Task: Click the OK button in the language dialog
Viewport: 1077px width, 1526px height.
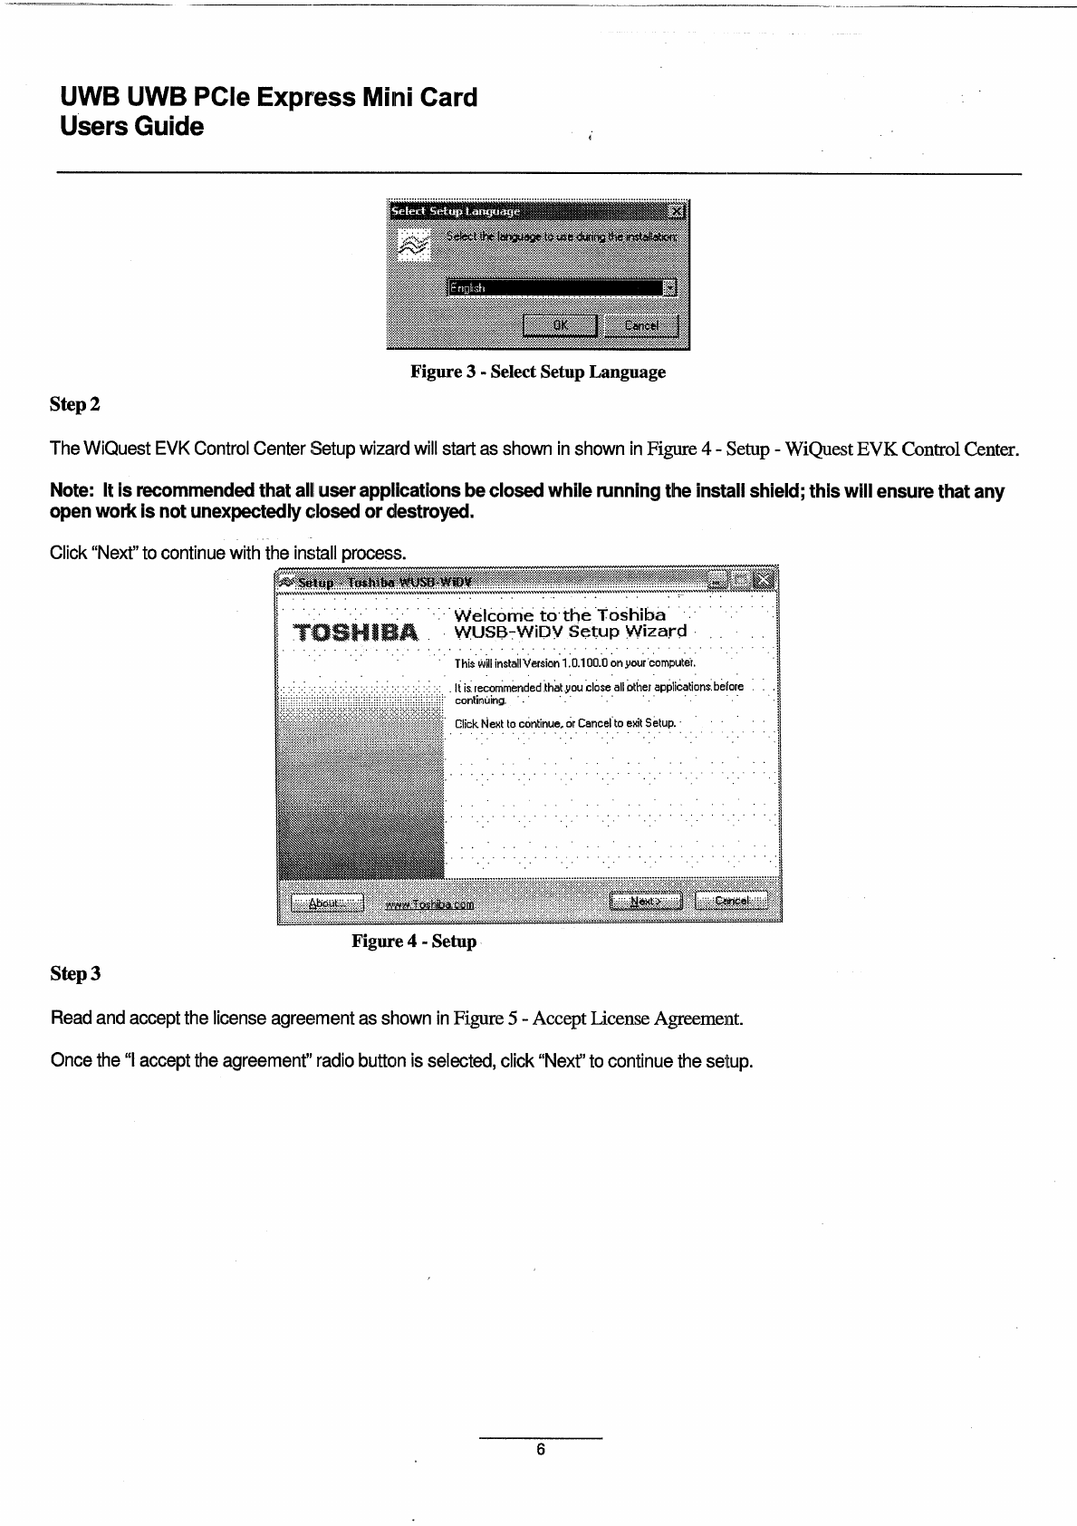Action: click(x=560, y=326)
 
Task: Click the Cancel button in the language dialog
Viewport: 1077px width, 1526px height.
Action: click(x=640, y=326)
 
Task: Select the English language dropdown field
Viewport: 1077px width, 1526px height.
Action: click(x=554, y=288)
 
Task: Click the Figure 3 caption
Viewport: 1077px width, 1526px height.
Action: click(x=538, y=372)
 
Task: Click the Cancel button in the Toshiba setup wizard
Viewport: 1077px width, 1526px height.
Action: click(x=731, y=902)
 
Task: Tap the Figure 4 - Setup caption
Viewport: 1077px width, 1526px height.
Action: click(x=414, y=942)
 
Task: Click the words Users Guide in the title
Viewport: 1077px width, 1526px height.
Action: click(x=131, y=127)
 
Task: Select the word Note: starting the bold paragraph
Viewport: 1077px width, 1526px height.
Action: click(x=73, y=492)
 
